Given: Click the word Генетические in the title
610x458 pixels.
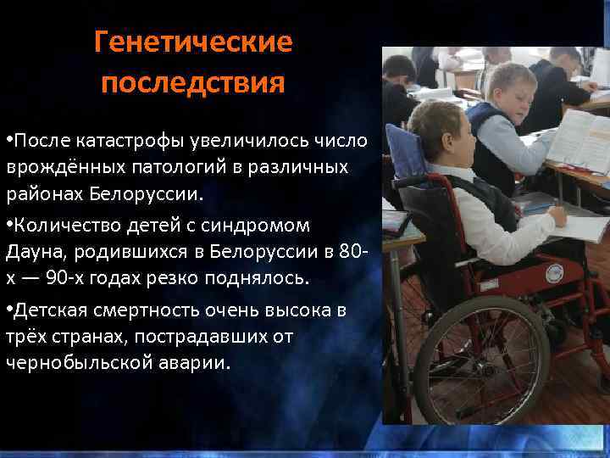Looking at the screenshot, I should [x=193, y=42].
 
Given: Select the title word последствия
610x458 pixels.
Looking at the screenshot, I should [x=193, y=84].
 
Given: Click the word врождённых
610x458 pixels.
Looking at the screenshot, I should [x=61, y=165].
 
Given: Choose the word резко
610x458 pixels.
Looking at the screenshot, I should [x=166, y=278].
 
